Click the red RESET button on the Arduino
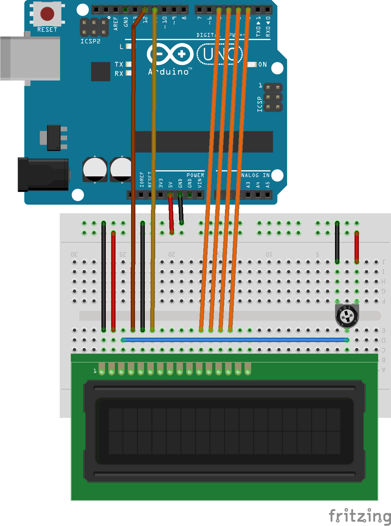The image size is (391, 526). (x=47, y=14)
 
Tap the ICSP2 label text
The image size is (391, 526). (x=90, y=41)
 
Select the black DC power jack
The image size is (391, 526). (x=43, y=175)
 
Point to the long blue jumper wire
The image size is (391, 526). (x=235, y=340)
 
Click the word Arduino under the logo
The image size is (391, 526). (x=168, y=72)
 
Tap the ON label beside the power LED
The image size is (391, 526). (x=262, y=65)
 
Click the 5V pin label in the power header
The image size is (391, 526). (x=171, y=184)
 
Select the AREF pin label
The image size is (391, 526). (x=116, y=23)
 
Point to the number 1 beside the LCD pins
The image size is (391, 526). (x=95, y=371)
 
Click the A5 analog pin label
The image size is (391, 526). (x=268, y=184)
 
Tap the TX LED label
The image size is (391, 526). (x=119, y=64)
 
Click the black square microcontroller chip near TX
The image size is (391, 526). (x=100, y=72)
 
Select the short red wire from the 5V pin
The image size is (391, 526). (x=171, y=214)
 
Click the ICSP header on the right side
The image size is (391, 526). (x=273, y=98)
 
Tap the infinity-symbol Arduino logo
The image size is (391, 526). (x=170, y=55)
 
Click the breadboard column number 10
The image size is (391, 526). (x=269, y=255)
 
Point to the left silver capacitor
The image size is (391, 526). (x=95, y=169)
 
